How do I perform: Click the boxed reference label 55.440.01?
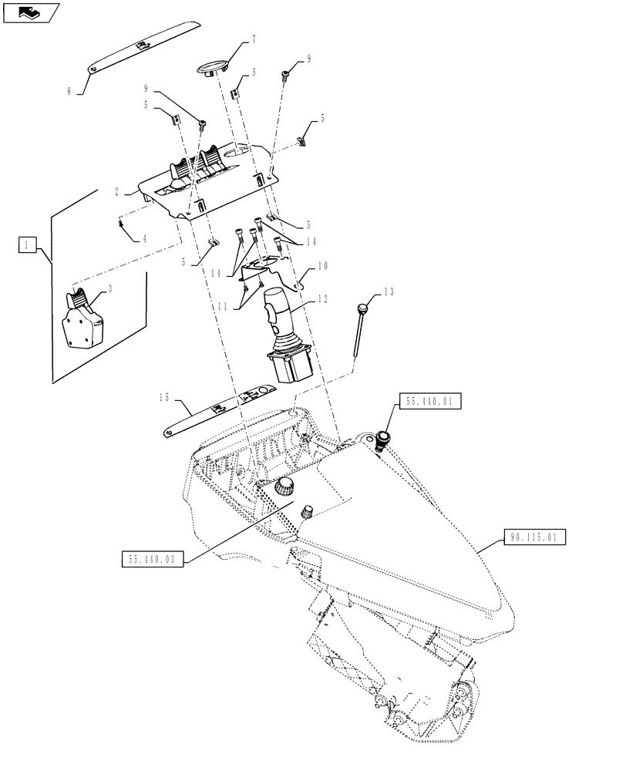[x=429, y=402]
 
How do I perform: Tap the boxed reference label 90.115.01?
[x=536, y=537]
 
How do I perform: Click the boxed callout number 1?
[x=27, y=246]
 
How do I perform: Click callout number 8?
[x=69, y=91]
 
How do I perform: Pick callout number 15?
[x=163, y=399]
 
